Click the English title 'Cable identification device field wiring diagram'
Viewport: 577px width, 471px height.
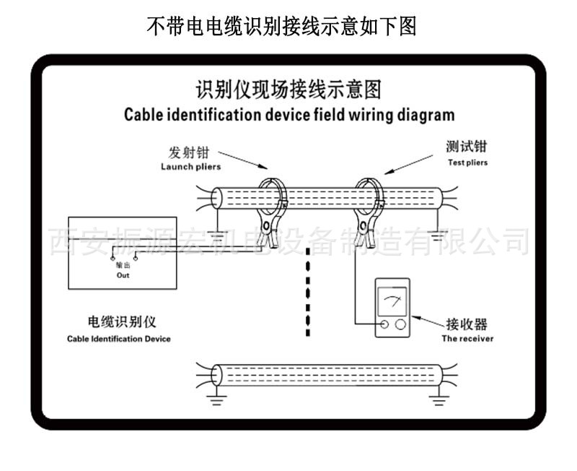288,114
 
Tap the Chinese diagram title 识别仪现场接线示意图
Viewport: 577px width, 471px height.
288,90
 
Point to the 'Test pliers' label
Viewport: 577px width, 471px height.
467,163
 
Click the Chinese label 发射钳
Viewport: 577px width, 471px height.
190,153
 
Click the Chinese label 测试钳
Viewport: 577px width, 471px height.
467,147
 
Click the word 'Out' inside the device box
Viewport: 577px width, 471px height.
123,276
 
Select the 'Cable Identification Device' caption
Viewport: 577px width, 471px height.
119,339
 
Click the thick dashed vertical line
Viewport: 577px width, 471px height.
308,289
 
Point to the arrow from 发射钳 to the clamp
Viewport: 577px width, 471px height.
242,161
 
